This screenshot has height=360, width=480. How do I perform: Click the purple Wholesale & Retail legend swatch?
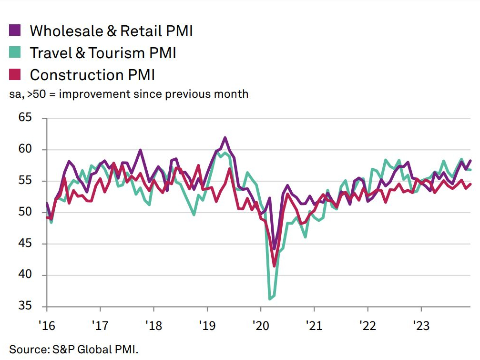(15, 31)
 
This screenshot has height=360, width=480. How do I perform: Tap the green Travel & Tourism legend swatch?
(15, 52)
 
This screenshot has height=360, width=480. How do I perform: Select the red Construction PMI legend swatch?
(15, 74)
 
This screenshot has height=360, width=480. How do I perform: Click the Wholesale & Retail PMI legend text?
(111, 31)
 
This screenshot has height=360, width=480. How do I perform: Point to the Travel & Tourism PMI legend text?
(103, 52)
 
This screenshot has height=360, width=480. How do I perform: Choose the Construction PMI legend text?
(92, 75)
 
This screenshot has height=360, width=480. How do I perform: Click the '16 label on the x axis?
(46, 326)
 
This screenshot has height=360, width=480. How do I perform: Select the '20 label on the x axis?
(260, 326)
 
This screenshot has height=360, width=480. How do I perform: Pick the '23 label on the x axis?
(420, 326)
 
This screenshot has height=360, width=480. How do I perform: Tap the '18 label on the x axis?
(153, 326)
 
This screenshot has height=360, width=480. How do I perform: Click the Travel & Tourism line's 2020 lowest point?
(270, 299)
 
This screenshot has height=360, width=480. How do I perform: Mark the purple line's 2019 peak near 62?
(225, 138)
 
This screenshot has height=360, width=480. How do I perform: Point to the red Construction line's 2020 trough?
(275, 266)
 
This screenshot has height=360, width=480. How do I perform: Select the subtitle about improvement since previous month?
(129, 94)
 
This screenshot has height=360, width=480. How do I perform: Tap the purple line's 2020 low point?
(274, 248)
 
